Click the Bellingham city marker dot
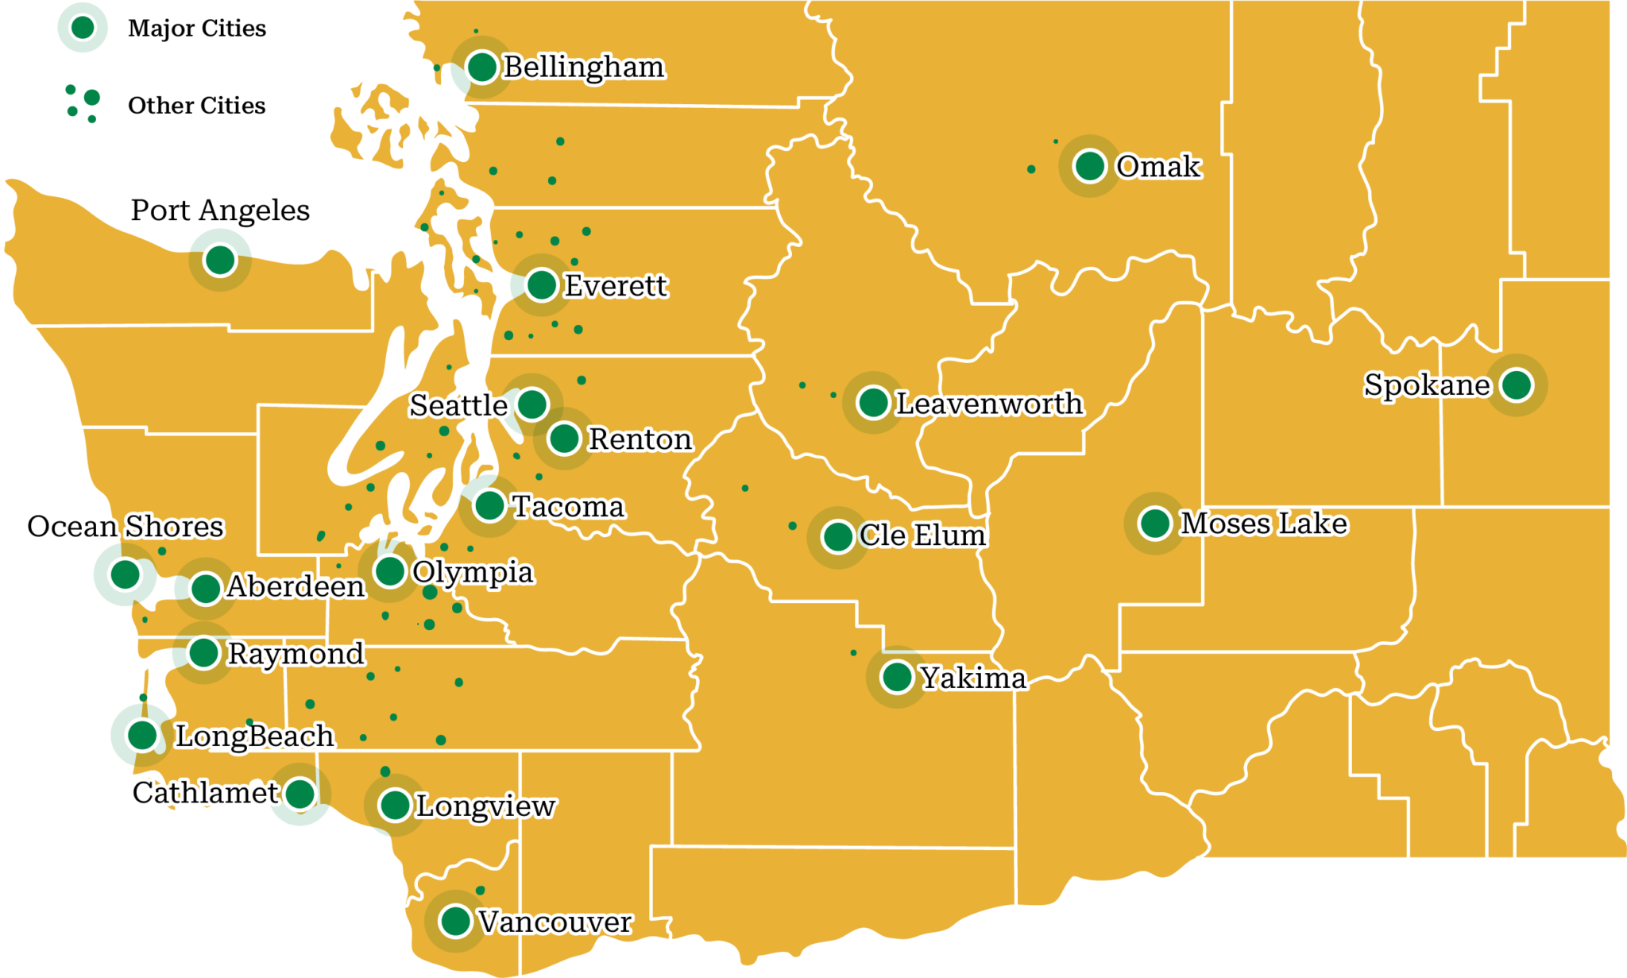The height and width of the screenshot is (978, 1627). tap(482, 67)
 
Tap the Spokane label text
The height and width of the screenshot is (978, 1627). tap(1427, 385)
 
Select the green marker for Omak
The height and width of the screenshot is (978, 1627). tap(1090, 166)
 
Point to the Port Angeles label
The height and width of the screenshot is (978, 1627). tap(220, 211)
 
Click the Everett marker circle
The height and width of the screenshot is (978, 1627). tap(542, 284)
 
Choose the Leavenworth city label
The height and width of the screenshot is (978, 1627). tap(989, 404)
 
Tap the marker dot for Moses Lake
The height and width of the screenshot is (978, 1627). tap(1155, 523)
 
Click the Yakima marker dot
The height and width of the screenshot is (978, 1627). tap(897, 677)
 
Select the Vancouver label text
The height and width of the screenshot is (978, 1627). tap(555, 922)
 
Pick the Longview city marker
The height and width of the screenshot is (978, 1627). tap(395, 805)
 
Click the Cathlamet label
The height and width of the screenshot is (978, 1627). tap(205, 792)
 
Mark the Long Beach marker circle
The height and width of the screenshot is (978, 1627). tap(142, 734)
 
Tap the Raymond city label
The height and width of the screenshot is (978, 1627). tap(296, 653)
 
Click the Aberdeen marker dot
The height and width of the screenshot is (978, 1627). tap(206, 589)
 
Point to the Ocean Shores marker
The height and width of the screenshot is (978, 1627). tap(125, 573)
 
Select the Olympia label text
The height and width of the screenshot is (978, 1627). tap(473, 572)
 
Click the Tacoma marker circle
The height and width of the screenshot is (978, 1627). tap(489, 504)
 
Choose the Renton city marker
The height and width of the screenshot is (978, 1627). tap(564, 438)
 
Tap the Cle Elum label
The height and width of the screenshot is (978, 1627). tap(923, 535)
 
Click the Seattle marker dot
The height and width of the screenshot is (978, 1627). tap(532, 404)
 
